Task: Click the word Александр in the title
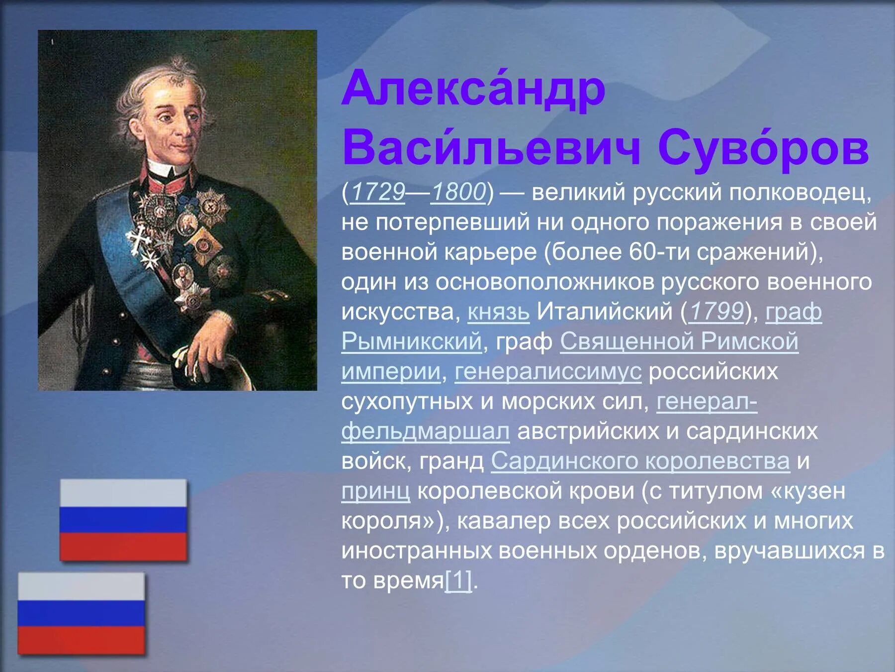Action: [x=473, y=90]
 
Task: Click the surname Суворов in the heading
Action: [x=763, y=148]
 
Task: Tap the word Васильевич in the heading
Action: [x=491, y=148]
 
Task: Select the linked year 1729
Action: [x=378, y=192]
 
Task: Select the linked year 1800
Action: [x=458, y=192]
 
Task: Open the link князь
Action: [x=498, y=312]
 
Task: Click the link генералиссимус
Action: [x=548, y=372]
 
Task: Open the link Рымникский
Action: [x=411, y=342]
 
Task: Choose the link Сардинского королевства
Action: [x=640, y=461]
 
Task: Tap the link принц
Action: [x=375, y=491]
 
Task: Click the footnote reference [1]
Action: [x=458, y=580]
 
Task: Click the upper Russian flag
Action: [x=123, y=520]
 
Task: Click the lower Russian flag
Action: [x=81, y=613]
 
